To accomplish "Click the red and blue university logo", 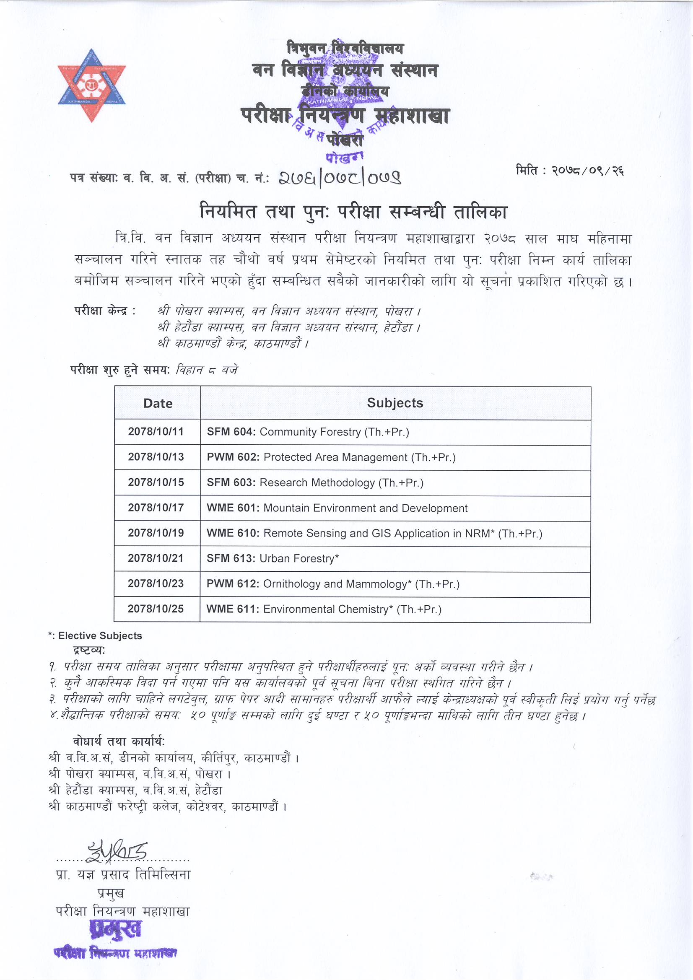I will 92,86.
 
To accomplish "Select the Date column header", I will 158,403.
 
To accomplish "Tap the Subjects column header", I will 395,403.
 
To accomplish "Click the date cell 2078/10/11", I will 156,431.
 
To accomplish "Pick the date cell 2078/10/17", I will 156,508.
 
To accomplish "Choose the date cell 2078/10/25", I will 156,609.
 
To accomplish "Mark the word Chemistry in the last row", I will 367,609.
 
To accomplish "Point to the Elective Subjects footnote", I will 95,635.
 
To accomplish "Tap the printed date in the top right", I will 570,171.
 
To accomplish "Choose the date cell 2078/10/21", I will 156,558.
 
